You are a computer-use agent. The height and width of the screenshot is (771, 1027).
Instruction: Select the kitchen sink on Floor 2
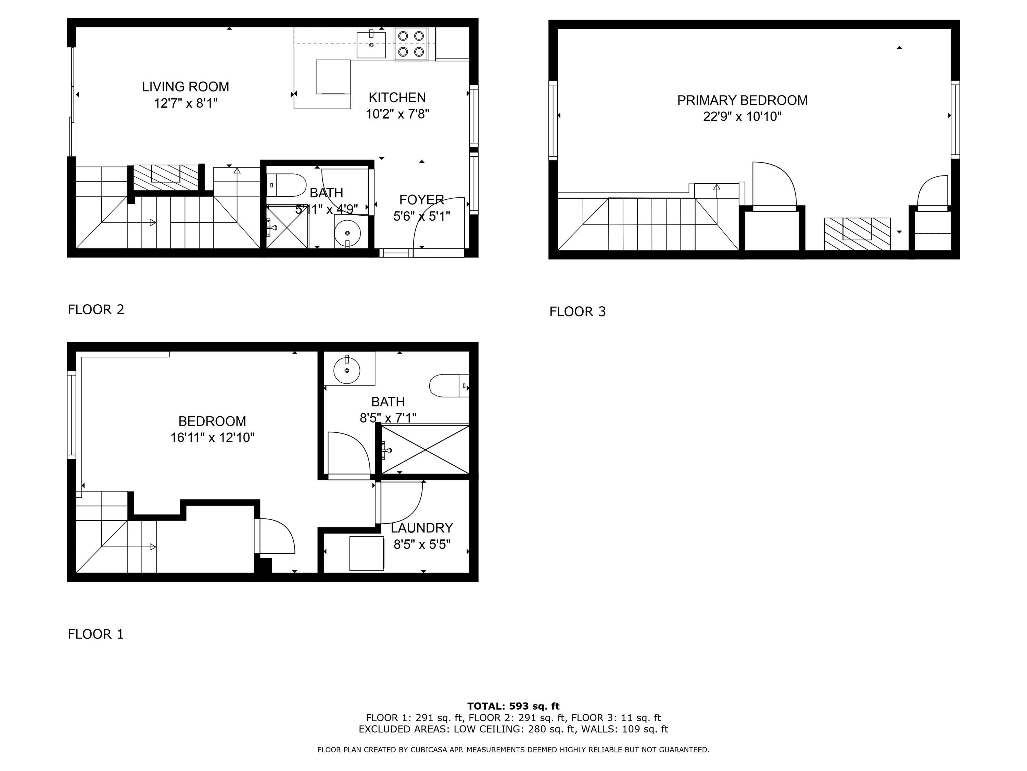[x=371, y=45]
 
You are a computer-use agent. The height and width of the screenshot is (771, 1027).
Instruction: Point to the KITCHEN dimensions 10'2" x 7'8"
[x=397, y=114]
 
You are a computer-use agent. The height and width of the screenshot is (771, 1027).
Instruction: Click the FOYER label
[x=421, y=200]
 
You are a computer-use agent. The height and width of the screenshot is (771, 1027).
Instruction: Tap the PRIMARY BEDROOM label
[x=742, y=100]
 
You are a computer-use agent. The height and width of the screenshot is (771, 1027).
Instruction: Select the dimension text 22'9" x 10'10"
[x=742, y=117]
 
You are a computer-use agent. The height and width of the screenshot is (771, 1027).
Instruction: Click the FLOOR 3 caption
[x=577, y=311]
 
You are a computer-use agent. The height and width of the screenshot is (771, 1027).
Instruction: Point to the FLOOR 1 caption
[x=96, y=634]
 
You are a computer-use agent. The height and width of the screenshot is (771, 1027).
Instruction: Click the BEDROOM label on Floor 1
[x=212, y=421]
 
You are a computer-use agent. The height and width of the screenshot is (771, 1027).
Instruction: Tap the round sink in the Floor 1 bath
[x=347, y=370]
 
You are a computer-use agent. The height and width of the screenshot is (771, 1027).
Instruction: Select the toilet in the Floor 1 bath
[x=448, y=386]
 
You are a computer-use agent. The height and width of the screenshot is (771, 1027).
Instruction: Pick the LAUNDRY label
[x=421, y=528]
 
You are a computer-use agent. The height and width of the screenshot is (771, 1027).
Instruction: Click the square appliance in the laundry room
[x=366, y=553]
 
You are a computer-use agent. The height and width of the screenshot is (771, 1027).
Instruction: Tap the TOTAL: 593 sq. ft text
[x=513, y=706]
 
